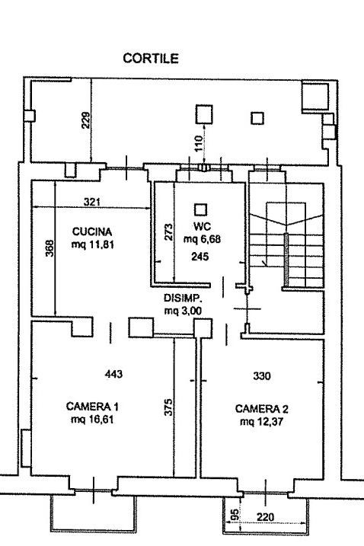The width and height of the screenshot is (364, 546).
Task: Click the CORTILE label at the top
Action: pos(151,58)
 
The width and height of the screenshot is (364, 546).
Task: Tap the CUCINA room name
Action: pos(92,231)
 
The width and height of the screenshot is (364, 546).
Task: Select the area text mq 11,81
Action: pos(93,244)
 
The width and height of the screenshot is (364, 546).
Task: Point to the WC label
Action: pos(202,227)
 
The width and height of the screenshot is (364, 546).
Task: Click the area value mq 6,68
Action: pos(202,239)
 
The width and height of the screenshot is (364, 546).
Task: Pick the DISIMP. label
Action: pos(183,298)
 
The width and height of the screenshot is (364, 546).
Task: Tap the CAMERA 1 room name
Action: pos(92,407)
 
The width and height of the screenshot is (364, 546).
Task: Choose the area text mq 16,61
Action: pos(92,420)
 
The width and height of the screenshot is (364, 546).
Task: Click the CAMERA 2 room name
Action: pos(262,409)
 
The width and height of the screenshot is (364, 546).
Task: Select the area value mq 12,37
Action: pos(262,422)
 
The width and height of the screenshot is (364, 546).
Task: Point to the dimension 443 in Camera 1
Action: pos(113,374)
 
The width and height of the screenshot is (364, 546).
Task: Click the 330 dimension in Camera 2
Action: pos(262,376)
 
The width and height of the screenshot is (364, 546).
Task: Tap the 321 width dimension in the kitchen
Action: pos(92,202)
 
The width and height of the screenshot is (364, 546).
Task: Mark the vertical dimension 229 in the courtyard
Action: pos(86,120)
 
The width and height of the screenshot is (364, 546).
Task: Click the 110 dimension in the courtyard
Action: pos(198,143)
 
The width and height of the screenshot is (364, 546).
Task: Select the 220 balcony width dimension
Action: pos(266,518)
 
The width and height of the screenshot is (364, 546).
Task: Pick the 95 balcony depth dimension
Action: pos(235,515)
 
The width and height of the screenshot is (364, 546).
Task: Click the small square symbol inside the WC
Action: pos(200,209)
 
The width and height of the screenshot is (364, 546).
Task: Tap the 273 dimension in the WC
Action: pos(168,232)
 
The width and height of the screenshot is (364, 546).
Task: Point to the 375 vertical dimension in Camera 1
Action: pos(168,407)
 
